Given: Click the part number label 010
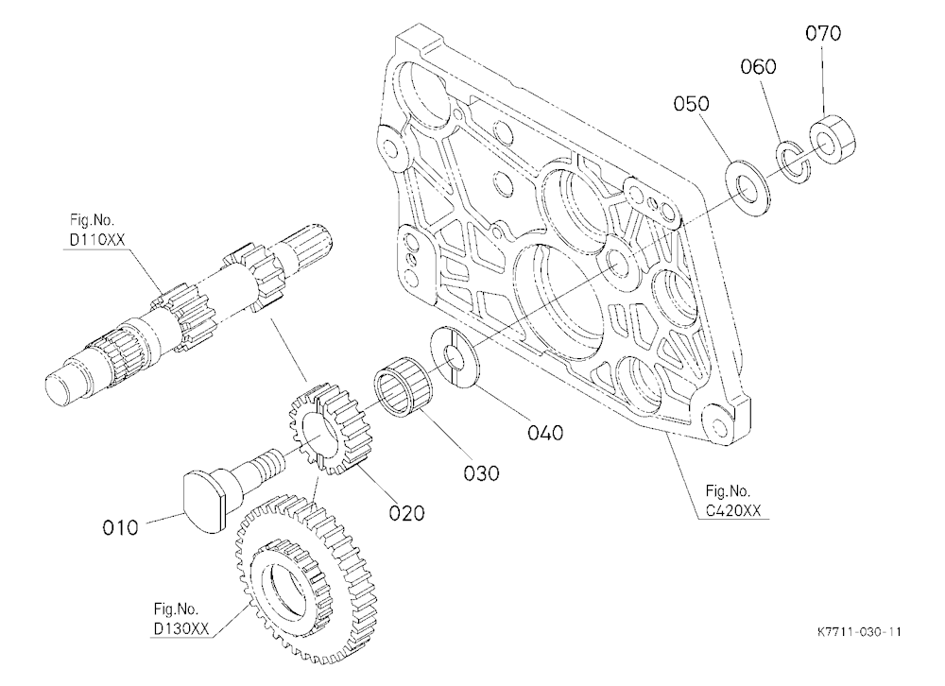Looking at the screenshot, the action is coord(120,528).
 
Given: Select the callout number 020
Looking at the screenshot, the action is coord(406,513).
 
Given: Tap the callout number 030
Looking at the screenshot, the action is coord(481,473).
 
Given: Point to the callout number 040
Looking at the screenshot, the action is coord(545,433).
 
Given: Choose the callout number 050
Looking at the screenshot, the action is coord(692,104).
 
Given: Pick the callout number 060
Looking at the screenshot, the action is coord(758,66).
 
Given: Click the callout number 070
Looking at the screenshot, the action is coord(823,33).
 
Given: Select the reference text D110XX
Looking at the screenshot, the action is coord(97,239).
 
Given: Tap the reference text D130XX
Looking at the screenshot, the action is coord(181,628).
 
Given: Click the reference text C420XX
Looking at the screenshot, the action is coord(733,510).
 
